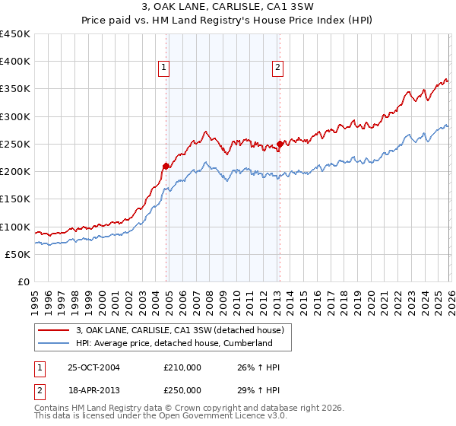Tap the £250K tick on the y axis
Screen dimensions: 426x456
point(15,144)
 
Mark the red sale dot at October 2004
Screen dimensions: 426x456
point(166,166)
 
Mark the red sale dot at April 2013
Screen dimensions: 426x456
point(280,144)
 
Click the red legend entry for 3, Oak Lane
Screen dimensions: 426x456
point(180,330)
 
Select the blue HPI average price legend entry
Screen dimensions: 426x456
point(174,343)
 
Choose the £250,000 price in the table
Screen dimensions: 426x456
point(182,389)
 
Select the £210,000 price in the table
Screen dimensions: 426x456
point(182,367)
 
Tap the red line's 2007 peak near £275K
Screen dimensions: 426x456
point(206,131)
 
